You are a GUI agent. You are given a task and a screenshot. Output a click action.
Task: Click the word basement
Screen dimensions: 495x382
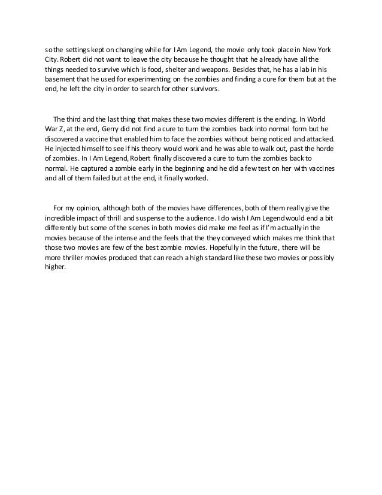[62, 79]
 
